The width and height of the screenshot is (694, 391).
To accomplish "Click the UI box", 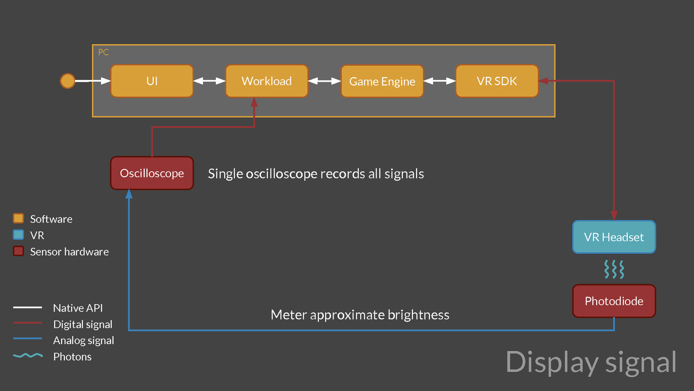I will (x=152, y=81).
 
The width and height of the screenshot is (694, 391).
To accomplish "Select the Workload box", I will (x=266, y=81).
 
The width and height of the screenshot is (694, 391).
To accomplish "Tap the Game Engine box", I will (x=382, y=81).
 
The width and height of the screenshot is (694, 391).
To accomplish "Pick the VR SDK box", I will (x=497, y=81).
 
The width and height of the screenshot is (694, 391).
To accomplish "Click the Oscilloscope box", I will (x=152, y=173).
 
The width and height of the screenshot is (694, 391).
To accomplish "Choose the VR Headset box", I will (x=614, y=237).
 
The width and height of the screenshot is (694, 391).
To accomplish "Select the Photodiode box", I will (x=614, y=301).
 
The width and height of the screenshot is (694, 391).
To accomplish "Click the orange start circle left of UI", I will (x=68, y=81).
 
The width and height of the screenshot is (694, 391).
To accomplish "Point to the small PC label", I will (x=103, y=52).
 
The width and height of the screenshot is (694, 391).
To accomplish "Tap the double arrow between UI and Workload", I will (x=209, y=81).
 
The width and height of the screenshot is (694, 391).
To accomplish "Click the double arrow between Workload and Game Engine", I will (x=324, y=81).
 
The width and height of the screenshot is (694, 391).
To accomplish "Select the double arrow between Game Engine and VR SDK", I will (x=440, y=81).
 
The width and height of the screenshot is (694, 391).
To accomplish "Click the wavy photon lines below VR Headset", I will (x=614, y=269).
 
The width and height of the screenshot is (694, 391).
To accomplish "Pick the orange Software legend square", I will (x=18, y=218).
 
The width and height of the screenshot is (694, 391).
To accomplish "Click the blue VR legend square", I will (x=18, y=235).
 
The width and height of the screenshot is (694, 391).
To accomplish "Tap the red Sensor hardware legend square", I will (x=18, y=251).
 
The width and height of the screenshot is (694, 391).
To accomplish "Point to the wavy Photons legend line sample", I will (x=28, y=356).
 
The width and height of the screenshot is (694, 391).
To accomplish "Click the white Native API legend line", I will (x=28, y=307).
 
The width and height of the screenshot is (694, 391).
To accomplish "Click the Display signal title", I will (x=591, y=362).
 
